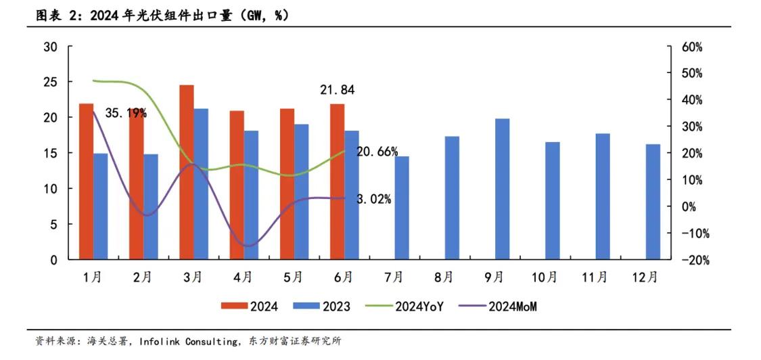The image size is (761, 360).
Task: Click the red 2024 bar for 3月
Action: point(187,173)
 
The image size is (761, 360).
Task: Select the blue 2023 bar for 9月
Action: point(502,189)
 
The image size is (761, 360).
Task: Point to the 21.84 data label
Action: point(338,90)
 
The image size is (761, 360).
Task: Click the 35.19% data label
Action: point(126,113)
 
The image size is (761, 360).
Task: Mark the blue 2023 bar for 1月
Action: point(100,206)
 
